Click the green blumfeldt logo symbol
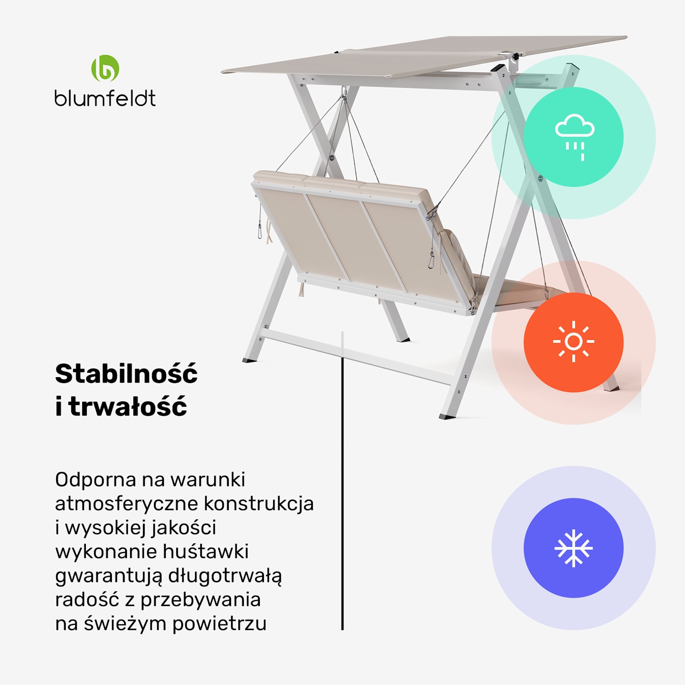click(x=105, y=68)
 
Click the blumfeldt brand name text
click(x=105, y=98)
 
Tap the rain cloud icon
click(x=574, y=136)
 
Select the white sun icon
click(x=574, y=342)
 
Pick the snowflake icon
click(x=574, y=548)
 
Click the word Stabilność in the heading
click(x=126, y=374)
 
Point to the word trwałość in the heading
click(x=128, y=406)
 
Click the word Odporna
click(x=95, y=480)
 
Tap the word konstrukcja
click(x=258, y=504)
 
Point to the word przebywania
click(x=200, y=600)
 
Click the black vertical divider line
click(x=342, y=502)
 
